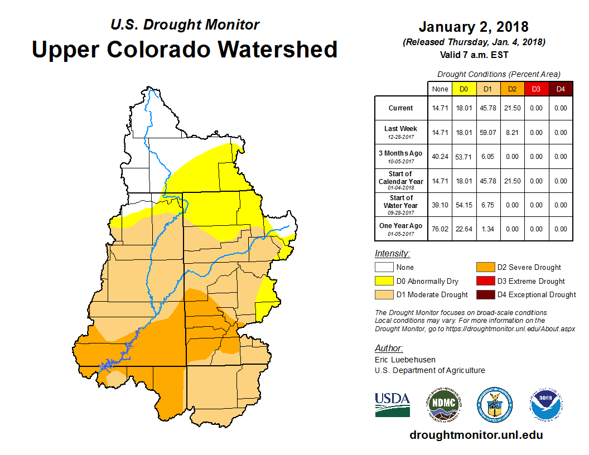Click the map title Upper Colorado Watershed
tap(185, 50)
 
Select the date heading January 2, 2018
tap(474, 27)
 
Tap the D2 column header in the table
tap(512, 89)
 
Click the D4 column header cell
tap(561, 89)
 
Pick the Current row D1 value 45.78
tap(487, 108)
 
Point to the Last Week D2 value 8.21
tap(512, 133)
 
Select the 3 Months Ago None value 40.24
tap(440, 157)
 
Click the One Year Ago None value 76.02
tap(440, 229)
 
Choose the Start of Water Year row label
tap(401, 205)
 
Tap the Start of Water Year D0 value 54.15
tap(464, 205)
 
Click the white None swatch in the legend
tap(383, 268)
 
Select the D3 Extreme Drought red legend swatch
tap(485, 281)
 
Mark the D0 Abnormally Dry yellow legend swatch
tap(383, 281)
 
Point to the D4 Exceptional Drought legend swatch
tap(485, 294)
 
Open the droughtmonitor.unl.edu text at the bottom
tap(476, 435)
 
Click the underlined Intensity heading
tap(392, 254)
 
